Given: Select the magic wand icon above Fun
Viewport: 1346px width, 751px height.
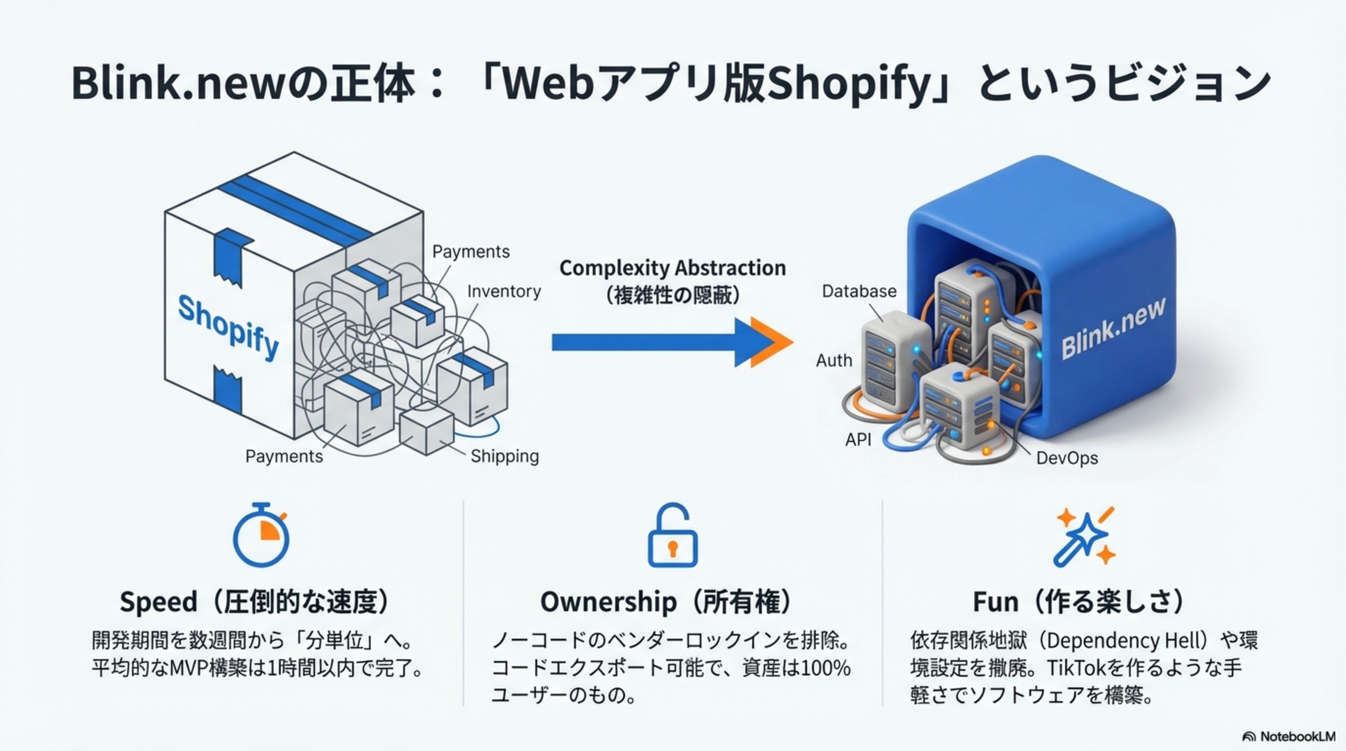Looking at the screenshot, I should [x=1085, y=536].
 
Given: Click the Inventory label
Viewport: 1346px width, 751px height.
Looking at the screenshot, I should [x=504, y=291].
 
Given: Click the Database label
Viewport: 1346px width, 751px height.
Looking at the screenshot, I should [x=859, y=291].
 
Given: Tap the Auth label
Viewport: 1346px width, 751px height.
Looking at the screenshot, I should [x=834, y=360].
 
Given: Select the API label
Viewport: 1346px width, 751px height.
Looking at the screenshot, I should [x=858, y=440].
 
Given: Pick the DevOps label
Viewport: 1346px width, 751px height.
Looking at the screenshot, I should [x=1067, y=458].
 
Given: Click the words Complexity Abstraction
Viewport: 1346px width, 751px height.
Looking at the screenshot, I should [x=673, y=268].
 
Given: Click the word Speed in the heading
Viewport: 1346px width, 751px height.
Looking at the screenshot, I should [x=158, y=602].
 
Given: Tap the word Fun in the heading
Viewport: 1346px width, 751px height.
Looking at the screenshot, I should [x=995, y=602].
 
